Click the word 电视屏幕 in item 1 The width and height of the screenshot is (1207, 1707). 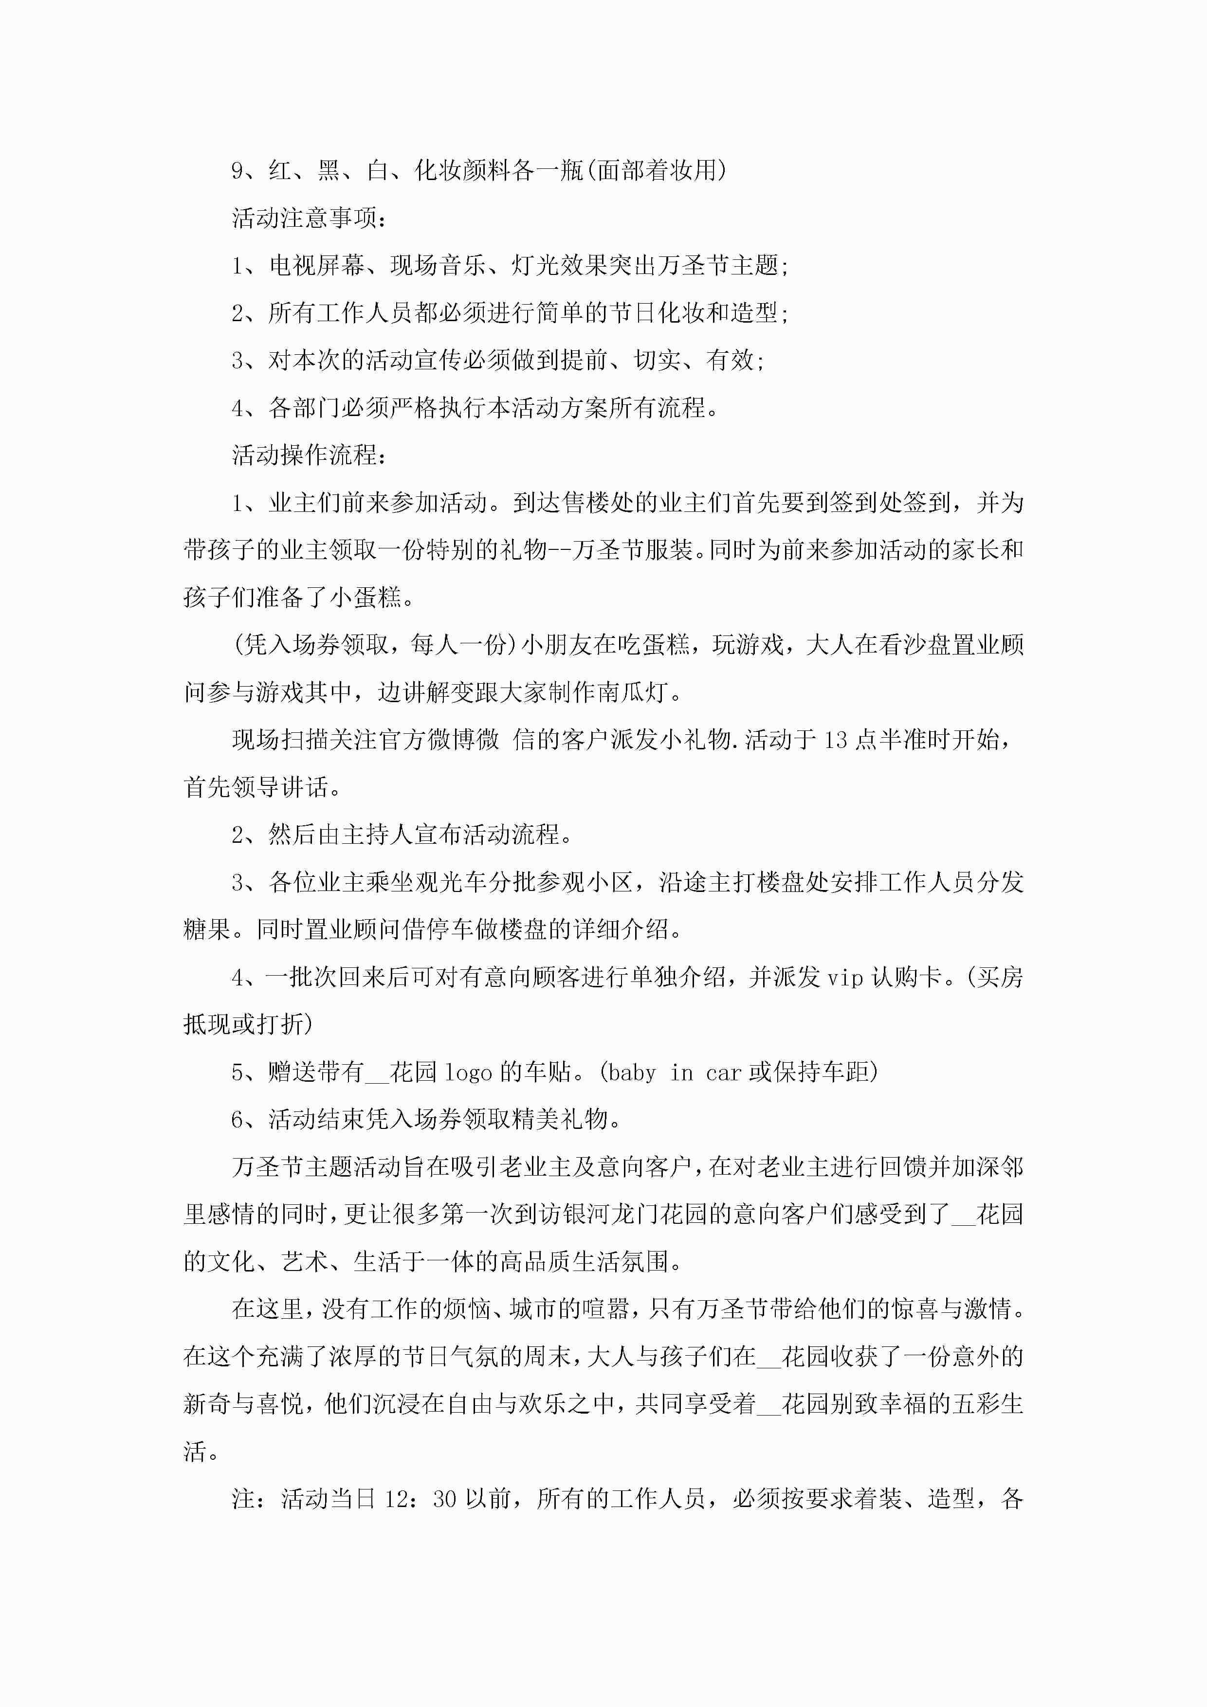315,265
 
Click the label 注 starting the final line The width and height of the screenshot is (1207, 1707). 243,1499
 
